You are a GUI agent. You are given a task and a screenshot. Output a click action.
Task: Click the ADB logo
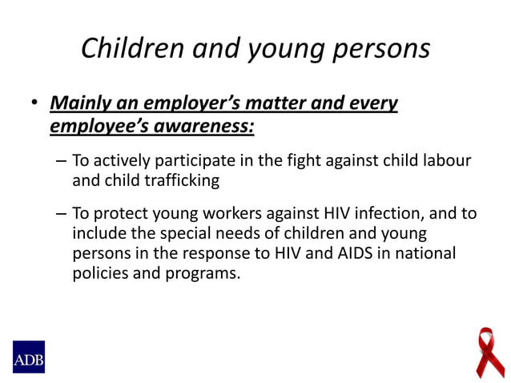point(28,357)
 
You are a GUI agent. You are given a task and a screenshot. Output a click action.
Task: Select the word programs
point(204,273)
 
